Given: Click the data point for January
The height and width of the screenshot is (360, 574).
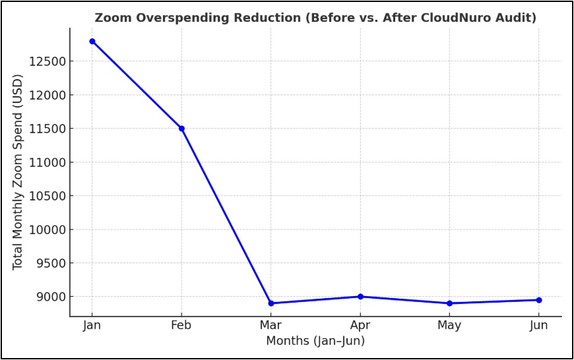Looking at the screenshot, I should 92,42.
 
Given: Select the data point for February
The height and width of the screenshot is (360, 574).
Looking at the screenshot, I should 181,129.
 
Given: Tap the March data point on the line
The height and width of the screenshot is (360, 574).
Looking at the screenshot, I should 271,303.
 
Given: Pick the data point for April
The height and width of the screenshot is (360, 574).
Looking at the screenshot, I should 360,297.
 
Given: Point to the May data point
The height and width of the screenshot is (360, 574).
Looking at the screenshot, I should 449,303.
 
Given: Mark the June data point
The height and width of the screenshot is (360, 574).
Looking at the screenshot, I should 539,300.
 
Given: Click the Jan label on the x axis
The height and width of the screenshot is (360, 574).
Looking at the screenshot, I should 92,326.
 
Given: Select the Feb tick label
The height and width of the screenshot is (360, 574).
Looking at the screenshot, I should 181,326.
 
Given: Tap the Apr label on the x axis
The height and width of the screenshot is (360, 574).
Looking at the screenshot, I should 360,326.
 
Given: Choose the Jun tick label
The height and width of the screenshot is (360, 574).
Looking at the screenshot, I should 539,326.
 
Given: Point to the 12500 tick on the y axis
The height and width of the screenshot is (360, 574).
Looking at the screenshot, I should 48,61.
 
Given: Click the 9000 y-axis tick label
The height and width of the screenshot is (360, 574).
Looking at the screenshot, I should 51,297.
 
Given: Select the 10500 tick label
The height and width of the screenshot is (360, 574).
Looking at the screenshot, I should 48,196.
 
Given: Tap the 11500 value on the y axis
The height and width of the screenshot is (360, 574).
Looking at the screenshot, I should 48,129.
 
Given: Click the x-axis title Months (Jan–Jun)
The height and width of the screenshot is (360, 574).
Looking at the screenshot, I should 315,341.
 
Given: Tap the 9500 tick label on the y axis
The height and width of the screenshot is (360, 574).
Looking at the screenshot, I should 51,263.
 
